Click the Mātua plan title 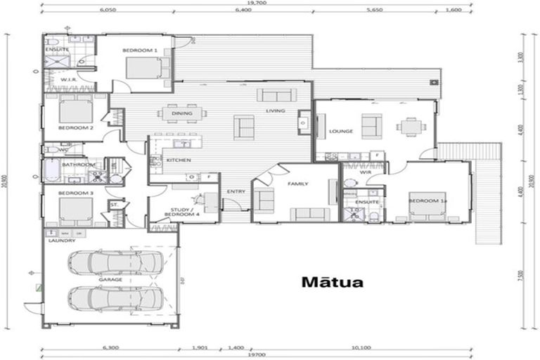tap(333, 283)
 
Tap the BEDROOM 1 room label tap(139, 50)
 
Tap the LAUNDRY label tap(62, 240)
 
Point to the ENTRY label tap(236, 191)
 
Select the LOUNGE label tap(340, 131)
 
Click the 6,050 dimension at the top tap(108, 11)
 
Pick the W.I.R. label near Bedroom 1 tap(68, 79)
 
